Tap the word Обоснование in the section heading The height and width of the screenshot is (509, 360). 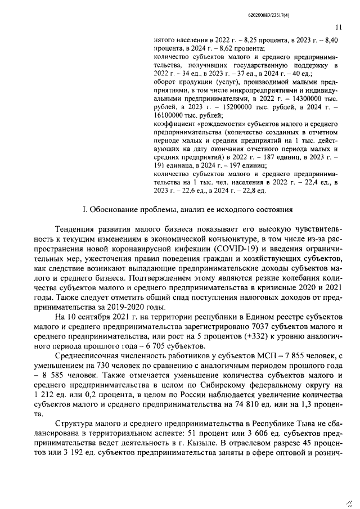click(x=118, y=210)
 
